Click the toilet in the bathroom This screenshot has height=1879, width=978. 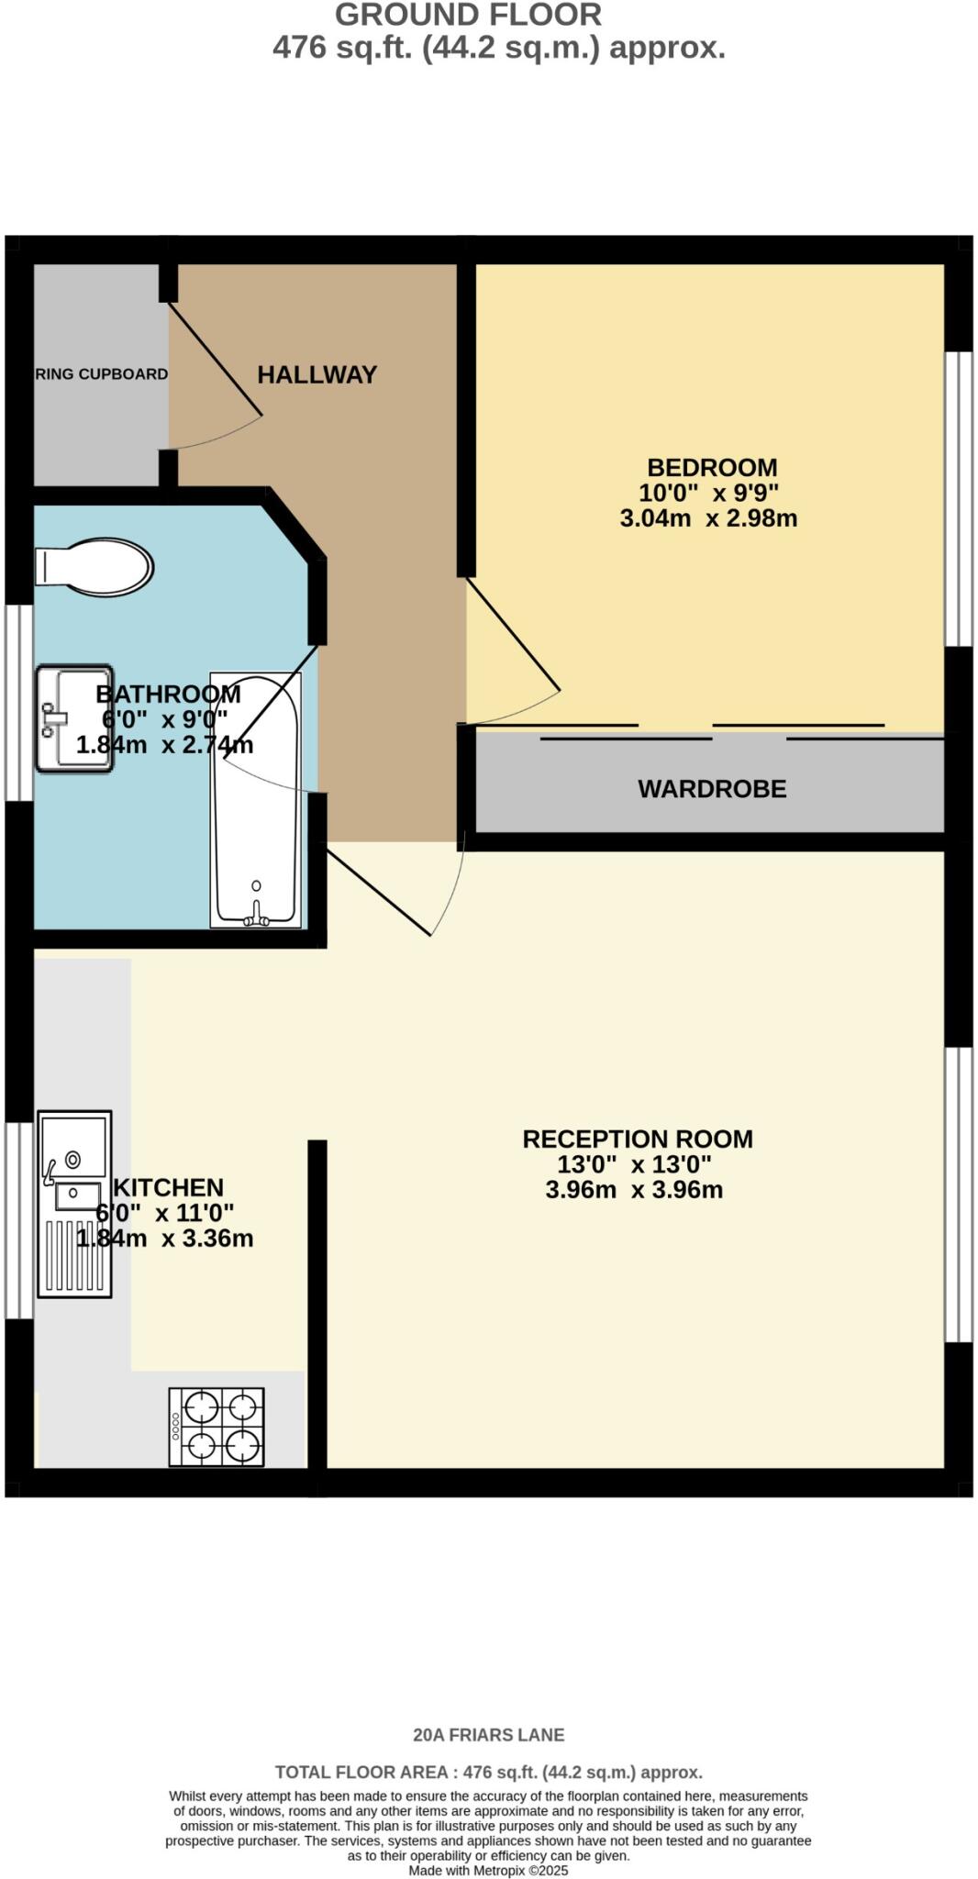[94, 566]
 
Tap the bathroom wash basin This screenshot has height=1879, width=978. [74, 718]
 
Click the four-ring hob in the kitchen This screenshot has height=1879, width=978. [217, 1427]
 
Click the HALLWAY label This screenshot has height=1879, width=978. [317, 374]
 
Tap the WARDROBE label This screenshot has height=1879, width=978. [712, 789]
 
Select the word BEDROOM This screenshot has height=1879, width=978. [712, 468]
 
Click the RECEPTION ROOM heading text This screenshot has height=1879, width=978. [638, 1139]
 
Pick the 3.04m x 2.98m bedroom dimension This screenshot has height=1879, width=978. [708, 518]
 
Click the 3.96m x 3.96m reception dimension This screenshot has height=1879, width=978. [634, 1190]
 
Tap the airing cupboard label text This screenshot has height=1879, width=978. [102, 374]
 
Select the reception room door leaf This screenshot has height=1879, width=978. [379, 894]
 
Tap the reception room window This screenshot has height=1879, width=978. [958, 1193]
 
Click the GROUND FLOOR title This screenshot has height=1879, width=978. [468, 15]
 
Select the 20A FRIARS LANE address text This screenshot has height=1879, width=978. [488, 1735]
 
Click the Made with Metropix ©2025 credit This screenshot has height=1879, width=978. [488, 1870]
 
